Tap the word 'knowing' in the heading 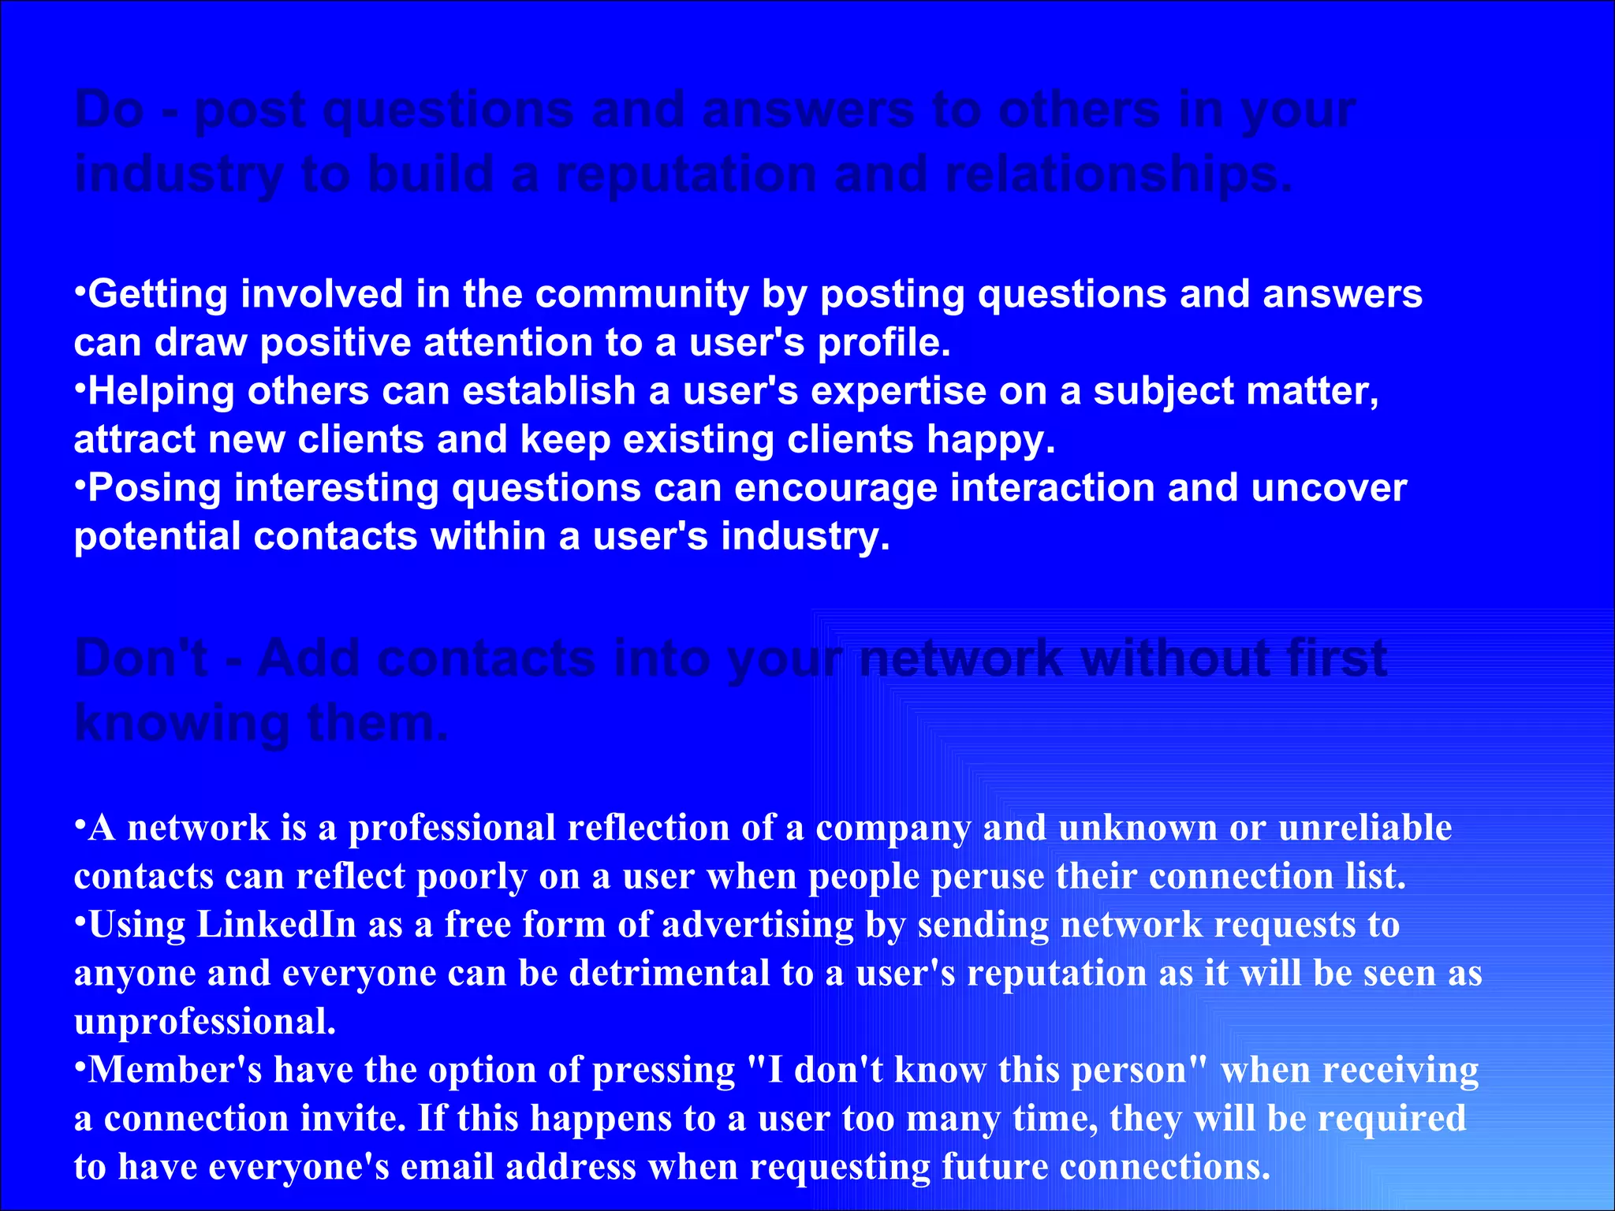182,724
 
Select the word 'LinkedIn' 276,925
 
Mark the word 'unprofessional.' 205,1022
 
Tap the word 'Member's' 174,1070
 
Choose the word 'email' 447,1167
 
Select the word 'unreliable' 1365,828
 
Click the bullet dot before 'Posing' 80,480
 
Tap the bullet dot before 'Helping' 80,383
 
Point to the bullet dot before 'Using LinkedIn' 80,917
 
